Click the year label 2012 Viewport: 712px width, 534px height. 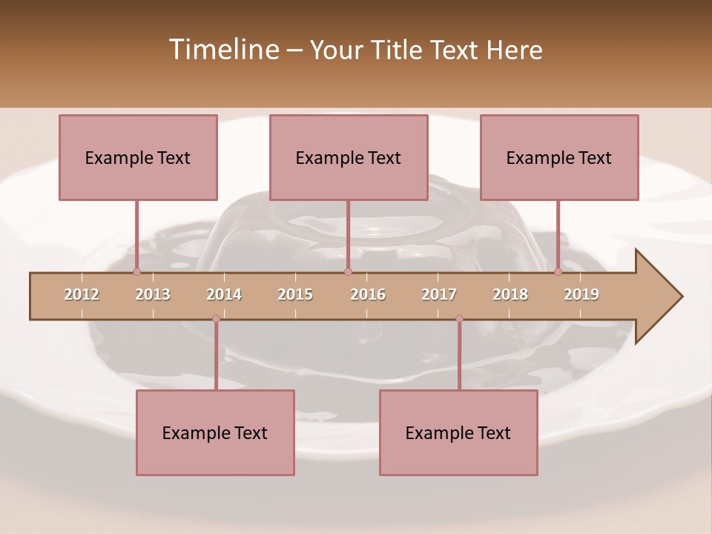82,294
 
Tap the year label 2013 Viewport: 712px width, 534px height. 153,294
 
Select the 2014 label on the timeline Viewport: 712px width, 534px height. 224,294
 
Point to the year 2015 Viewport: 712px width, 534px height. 295,294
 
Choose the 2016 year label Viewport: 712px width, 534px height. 368,294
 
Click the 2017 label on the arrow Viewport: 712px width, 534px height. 439,294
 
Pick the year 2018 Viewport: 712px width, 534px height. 510,294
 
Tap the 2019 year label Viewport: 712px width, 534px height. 581,294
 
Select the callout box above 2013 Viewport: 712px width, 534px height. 138,157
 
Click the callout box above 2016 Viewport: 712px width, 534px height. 349,157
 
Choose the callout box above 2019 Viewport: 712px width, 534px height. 559,157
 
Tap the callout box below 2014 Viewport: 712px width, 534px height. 215,432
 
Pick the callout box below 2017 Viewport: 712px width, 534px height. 458,432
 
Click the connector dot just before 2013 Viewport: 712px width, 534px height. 136,272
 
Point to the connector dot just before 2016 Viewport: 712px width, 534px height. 348,272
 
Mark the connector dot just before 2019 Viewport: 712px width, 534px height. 558,272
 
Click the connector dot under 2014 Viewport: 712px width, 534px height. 216,319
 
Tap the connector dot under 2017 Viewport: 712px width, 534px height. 459,319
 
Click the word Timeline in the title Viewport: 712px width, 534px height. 223,50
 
